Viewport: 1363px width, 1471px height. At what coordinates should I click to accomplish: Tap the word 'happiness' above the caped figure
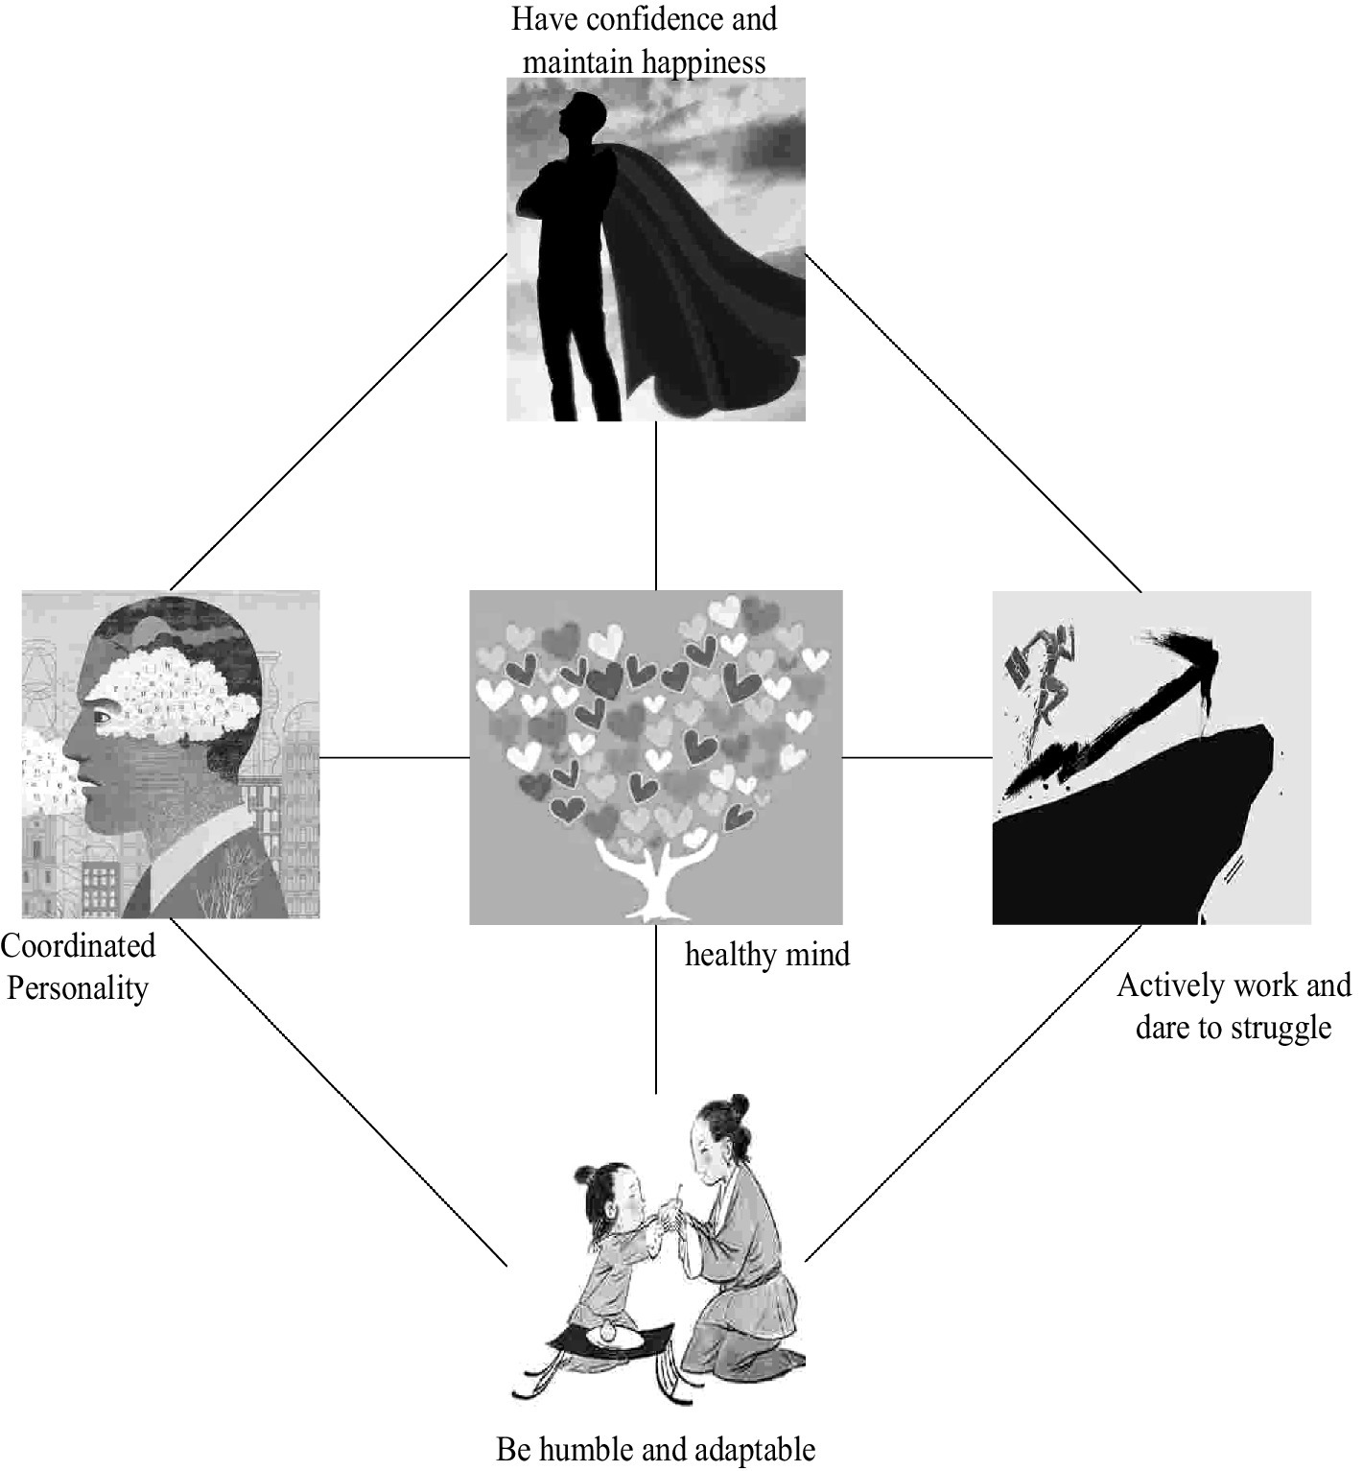point(704,62)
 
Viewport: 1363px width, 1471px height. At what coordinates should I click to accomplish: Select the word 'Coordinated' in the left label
point(78,946)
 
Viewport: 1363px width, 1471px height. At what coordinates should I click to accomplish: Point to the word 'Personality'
point(78,988)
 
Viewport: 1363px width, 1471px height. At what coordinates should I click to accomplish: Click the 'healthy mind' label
point(767,955)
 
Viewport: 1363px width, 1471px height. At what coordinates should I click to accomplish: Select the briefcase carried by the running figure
point(1016,664)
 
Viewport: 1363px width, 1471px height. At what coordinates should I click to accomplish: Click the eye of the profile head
point(100,716)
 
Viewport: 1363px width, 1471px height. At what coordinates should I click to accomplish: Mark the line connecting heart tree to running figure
point(917,757)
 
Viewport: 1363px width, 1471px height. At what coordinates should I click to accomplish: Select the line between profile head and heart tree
point(394,757)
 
